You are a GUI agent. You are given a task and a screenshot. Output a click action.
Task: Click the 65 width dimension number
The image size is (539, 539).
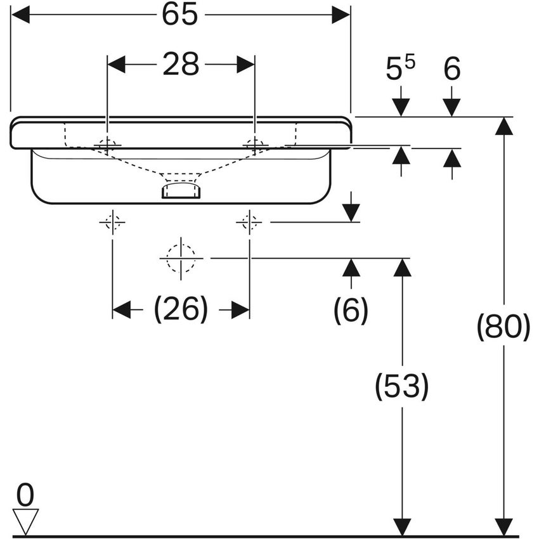[180, 15]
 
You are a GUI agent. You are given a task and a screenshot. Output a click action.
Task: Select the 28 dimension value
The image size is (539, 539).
[181, 64]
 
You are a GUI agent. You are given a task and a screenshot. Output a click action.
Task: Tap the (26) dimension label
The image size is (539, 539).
[181, 309]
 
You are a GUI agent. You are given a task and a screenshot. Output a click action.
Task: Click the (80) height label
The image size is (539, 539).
[503, 327]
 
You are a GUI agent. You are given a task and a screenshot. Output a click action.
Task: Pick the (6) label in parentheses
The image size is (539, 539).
[351, 310]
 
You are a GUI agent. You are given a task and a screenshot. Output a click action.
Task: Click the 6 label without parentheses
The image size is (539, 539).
[451, 68]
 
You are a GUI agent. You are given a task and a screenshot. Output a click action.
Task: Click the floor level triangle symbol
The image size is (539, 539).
[25, 520]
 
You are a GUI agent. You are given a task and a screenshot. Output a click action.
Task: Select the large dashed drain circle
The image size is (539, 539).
[181, 258]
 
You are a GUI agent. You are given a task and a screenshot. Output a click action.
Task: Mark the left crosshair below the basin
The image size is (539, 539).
[112, 222]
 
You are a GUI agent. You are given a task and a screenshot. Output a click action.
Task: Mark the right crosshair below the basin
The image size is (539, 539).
[249, 222]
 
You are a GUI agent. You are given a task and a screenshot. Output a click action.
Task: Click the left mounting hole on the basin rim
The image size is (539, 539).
[108, 145]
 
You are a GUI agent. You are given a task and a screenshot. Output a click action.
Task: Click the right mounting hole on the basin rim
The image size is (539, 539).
[255, 145]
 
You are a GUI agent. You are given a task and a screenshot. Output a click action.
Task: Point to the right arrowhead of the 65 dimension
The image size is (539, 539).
[341, 15]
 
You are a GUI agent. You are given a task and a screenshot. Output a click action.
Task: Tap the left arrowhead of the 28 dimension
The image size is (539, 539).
[117, 64]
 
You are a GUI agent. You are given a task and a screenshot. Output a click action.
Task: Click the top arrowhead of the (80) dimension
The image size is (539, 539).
[503, 126]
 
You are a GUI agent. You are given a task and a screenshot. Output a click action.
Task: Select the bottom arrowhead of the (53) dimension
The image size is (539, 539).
[401, 527]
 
